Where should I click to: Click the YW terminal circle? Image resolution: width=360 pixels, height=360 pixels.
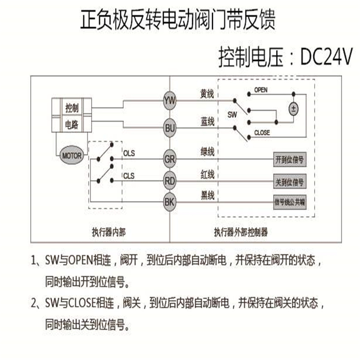[x=169, y=100]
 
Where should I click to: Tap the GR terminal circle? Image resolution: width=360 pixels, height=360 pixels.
[x=169, y=160]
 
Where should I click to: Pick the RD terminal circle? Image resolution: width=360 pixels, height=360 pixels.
[x=169, y=181]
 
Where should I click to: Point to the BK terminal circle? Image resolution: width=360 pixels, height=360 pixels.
[x=169, y=202]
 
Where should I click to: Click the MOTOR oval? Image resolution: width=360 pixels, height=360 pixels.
[x=71, y=156]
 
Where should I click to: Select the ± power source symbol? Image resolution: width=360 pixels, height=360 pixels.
[x=294, y=108]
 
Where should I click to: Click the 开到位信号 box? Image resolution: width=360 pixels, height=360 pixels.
[x=289, y=160]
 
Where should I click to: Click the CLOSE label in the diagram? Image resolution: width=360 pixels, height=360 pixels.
[x=261, y=133]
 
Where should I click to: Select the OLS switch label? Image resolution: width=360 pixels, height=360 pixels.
[x=129, y=154]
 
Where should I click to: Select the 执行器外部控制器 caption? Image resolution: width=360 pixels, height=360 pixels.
[x=241, y=232]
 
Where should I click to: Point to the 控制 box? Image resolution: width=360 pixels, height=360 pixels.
[x=72, y=108]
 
